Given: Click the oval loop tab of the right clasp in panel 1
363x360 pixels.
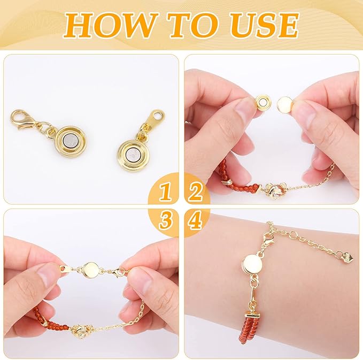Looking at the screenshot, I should [157, 116].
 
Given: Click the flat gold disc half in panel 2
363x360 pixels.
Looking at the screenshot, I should [287, 104].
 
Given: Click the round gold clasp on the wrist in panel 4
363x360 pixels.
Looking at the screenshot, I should [252, 263].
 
